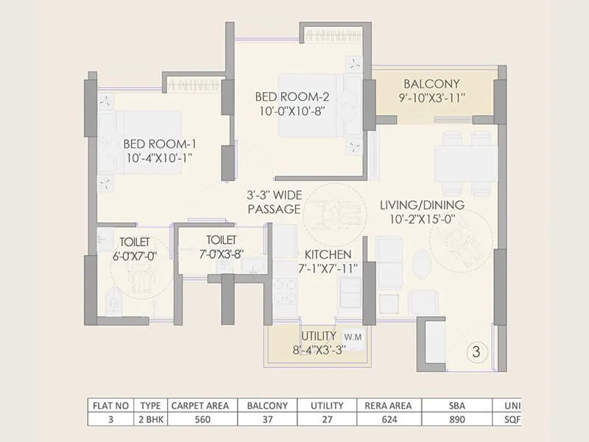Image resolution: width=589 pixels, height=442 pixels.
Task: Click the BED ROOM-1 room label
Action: point(160,144)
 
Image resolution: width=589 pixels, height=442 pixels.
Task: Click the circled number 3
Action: point(476,352)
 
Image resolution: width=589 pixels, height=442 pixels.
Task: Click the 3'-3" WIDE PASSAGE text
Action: point(273,203)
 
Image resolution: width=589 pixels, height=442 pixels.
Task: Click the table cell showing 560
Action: point(200,419)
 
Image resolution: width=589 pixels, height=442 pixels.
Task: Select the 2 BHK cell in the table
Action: point(150,419)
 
